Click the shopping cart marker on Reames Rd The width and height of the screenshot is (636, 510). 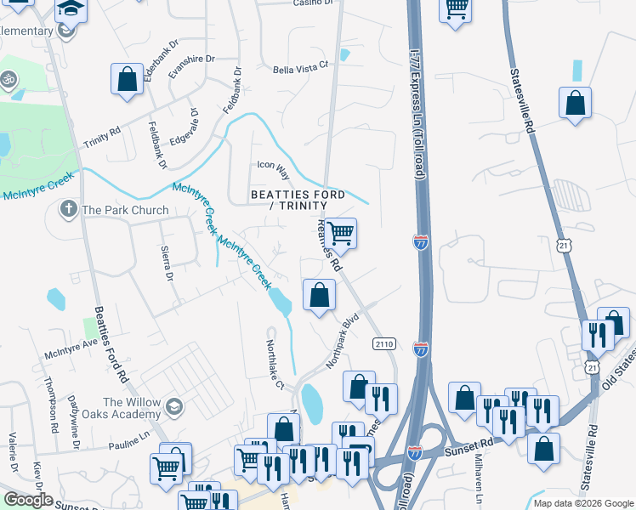click(x=340, y=232)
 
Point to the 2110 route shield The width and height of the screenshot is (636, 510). click(x=384, y=343)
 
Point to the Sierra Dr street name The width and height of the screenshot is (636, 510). click(x=167, y=265)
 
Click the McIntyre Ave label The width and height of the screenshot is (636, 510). click(x=71, y=347)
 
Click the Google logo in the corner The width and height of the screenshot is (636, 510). click(x=28, y=500)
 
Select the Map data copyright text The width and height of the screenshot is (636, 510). click(x=583, y=503)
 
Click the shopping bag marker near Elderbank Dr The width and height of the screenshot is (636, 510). click(x=127, y=80)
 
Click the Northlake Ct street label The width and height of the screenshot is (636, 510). click(x=273, y=367)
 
